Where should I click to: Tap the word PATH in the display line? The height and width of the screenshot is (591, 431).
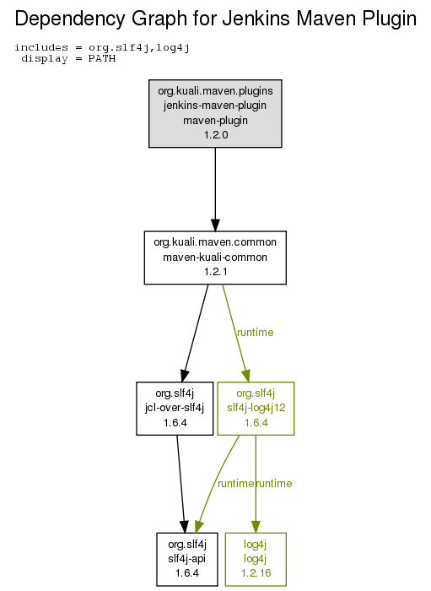pyautogui.click(x=102, y=59)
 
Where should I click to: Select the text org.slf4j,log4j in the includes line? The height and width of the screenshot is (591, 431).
pyautogui.click(x=139, y=48)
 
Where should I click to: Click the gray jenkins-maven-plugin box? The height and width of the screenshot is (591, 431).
pyautogui.click(x=215, y=113)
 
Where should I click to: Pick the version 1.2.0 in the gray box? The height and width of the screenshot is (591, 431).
pyautogui.click(x=216, y=134)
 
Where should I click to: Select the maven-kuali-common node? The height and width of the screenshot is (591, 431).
pyautogui.click(x=215, y=258)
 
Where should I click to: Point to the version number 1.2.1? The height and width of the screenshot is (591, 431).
pyautogui.click(x=216, y=271)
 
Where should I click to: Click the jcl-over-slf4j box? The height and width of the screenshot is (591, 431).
pyautogui.click(x=175, y=408)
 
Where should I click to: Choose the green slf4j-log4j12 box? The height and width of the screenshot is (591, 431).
pyautogui.click(x=256, y=408)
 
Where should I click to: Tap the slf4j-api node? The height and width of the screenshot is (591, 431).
pyautogui.click(x=187, y=559)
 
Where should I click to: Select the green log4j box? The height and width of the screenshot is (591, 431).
pyautogui.click(x=256, y=559)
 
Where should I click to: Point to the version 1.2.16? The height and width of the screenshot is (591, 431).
pyautogui.click(x=256, y=573)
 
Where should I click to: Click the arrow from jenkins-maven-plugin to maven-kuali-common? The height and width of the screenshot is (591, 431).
pyautogui.click(x=215, y=189)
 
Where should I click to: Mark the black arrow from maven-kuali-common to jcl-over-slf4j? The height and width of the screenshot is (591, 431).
pyautogui.click(x=196, y=333)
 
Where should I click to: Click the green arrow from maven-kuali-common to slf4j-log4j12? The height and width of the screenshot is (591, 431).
pyautogui.click(x=235, y=333)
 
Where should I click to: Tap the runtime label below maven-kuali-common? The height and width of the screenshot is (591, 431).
pyautogui.click(x=256, y=333)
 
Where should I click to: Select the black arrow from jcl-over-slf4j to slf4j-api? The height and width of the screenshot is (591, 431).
pyautogui.click(x=181, y=484)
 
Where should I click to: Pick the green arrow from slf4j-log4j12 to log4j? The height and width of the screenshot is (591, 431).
pyautogui.click(x=256, y=484)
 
